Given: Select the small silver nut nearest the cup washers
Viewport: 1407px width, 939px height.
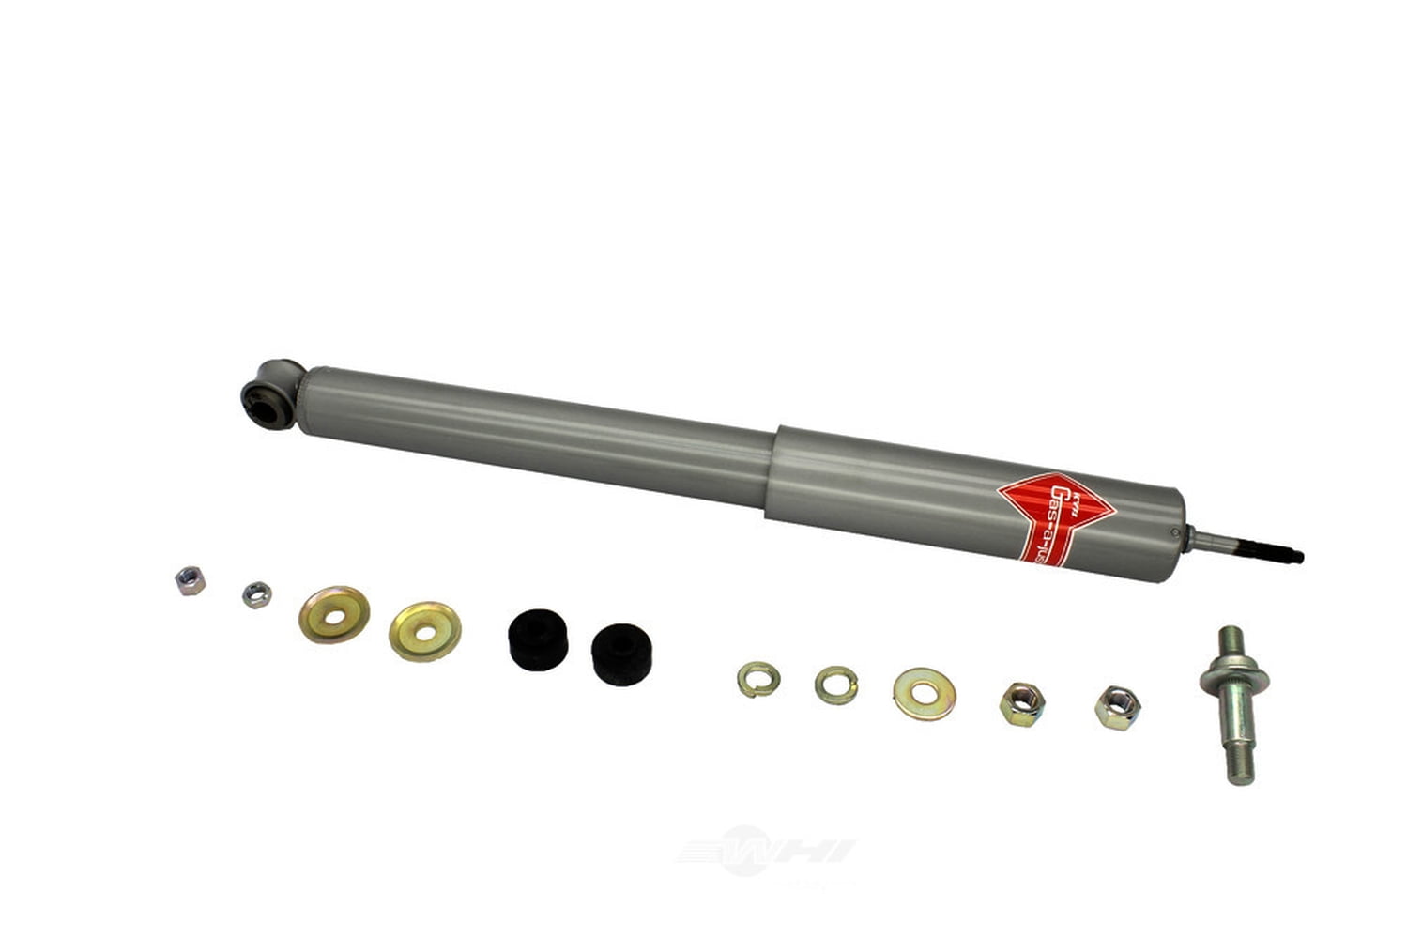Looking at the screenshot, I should tap(256, 594).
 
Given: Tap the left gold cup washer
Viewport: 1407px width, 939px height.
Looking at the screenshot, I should tap(334, 614).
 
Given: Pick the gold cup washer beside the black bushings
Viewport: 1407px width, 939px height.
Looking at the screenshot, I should tap(425, 631).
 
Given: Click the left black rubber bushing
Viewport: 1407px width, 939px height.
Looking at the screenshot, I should tap(538, 639).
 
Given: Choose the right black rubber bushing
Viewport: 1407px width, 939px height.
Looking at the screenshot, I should tap(623, 648).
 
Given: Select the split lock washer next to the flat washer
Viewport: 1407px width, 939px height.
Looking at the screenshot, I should tap(835, 685).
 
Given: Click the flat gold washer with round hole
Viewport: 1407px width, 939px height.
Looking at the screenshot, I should tap(924, 694).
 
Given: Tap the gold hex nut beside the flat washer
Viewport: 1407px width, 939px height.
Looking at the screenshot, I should tap(1020, 703).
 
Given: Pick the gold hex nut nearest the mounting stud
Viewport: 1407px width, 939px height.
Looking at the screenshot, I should tap(1117, 706).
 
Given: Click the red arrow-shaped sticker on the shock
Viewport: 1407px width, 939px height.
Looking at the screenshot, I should tap(1055, 520).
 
